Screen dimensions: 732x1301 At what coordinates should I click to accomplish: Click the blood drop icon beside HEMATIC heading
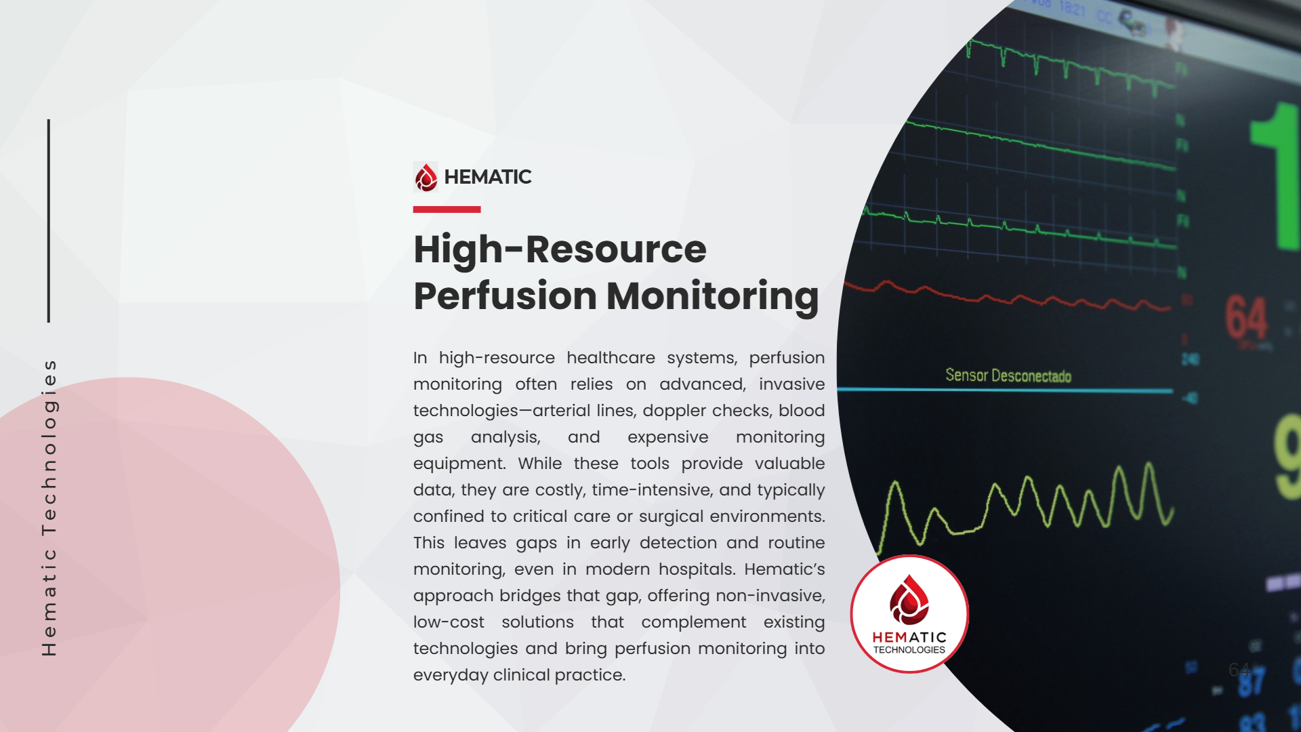426,178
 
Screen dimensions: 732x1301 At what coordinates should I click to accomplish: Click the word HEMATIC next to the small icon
488,177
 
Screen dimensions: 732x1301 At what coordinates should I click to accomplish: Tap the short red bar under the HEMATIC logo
447,209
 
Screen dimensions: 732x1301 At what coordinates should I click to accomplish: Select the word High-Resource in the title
560,249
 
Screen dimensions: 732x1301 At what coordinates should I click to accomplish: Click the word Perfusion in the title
505,296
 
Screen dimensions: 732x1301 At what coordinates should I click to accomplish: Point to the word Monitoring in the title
712,296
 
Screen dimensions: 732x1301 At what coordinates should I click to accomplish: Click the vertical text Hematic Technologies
49,508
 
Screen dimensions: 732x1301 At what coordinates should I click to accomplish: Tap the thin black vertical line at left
49,220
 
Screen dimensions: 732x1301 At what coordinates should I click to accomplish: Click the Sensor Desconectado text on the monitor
1008,375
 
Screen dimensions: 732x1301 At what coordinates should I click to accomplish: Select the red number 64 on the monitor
1245,317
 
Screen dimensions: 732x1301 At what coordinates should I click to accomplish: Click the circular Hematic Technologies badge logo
909,613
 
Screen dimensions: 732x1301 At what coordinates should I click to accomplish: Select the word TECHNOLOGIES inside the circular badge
909,650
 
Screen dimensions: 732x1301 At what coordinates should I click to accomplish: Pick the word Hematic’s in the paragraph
784,569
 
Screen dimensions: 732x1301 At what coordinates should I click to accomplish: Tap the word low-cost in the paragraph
449,622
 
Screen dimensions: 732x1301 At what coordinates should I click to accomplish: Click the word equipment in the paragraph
459,464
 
